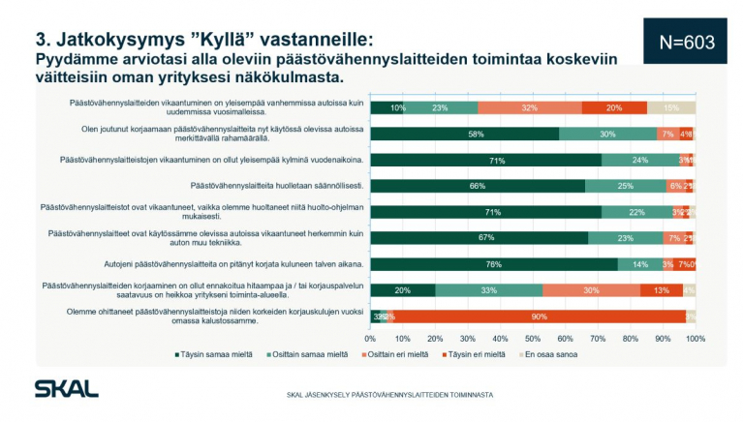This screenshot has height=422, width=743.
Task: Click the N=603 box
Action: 686,42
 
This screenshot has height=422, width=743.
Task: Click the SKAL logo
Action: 66,388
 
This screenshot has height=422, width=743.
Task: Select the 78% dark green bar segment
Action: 494,263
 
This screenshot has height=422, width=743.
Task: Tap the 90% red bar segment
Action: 534,316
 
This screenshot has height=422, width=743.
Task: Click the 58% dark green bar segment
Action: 464,134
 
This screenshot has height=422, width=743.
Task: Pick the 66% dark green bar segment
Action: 478,186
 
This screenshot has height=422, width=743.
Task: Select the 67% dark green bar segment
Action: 480,237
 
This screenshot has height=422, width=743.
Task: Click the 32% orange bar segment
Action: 530,107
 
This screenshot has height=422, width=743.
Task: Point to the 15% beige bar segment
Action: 670,107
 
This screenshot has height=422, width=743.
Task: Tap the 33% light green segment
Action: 489,289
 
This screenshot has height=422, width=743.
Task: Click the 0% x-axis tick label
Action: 370,339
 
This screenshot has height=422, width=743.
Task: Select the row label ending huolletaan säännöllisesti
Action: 289,186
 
